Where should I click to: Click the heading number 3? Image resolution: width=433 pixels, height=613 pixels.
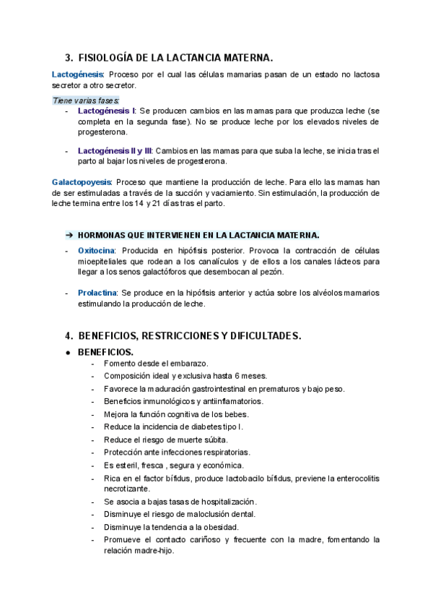coord(69,57)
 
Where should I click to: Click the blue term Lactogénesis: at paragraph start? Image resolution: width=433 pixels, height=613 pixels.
coord(78,74)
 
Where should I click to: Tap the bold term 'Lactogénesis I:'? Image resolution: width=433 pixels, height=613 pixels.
coord(106,111)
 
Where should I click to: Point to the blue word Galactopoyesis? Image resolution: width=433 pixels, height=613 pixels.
coord(82,182)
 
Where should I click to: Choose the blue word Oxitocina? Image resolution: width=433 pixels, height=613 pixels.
coord(96,250)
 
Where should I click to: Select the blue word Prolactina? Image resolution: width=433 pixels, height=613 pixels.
coord(97,293)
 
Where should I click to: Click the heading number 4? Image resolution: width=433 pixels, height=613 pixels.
coord(69,335)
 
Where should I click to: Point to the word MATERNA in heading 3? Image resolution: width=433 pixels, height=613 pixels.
coord(248,57)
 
